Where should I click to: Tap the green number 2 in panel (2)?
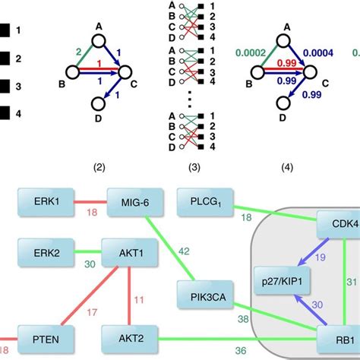point(77,52)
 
